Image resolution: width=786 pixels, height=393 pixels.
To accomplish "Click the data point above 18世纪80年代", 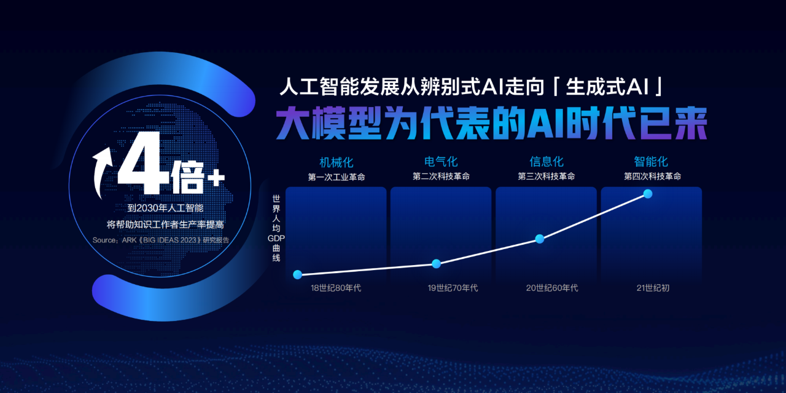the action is pyautogui.click(x=298, y=274).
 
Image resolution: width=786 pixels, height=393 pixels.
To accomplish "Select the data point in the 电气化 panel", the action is pyautogui.click(x=436, y=264).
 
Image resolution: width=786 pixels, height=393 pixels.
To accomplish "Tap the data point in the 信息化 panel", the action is pyautogui.click(x=540, y=239).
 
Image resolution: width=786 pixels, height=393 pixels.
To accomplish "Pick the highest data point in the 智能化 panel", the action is pyautogui.click(x=648, y=194).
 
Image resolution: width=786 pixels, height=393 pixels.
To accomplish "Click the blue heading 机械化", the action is pyautogui.click(x=336, y=162).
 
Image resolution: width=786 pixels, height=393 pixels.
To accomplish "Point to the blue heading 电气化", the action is pyautogui.click(x=441, y=162).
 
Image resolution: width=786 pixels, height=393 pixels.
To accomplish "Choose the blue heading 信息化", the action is pyautogui.click(x=547, y=162).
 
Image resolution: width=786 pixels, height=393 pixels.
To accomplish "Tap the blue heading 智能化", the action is pyautogui.click(x=651, y=162).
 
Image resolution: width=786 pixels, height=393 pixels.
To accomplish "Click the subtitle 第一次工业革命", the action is pyautogui.click(x=337, y=177).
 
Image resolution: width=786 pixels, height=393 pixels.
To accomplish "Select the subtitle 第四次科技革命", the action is pyautogui.click(x=652, y=177).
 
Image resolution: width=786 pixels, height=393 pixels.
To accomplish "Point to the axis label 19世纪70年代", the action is pyautogui.click(x=453, y=288).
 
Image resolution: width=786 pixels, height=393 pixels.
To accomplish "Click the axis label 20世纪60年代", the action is pyautogui.click(x=552, y=288).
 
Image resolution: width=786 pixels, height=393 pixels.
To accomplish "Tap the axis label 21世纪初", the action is pyautogui.click(x=653, y=288).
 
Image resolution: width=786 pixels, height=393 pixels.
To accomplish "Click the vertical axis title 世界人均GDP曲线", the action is pyautogui.click(x=276, y=229).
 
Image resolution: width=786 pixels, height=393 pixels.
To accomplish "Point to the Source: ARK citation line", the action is pyautogui.click(x=161, y=240).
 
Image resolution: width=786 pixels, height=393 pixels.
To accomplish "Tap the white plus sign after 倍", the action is pyautogui.click(x=216, y=178).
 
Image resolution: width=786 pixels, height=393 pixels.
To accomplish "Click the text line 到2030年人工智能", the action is pyautogui.click(x=165, y=208).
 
